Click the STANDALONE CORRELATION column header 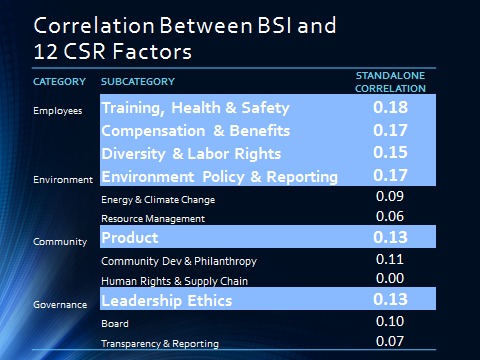pos(391,81)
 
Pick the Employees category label pos(56,110)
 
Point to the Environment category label pos(60,180)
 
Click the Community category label pos(58,240)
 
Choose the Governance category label pos(60,304)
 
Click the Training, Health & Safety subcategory pos(195,107)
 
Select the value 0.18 pos(391,107)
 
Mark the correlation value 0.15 pos(391,153)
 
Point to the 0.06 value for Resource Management pos(390,216)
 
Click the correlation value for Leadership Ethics pos(391,300)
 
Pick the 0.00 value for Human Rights pos(390,279)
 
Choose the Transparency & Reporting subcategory pos(160,343)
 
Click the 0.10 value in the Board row pos(390,322)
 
